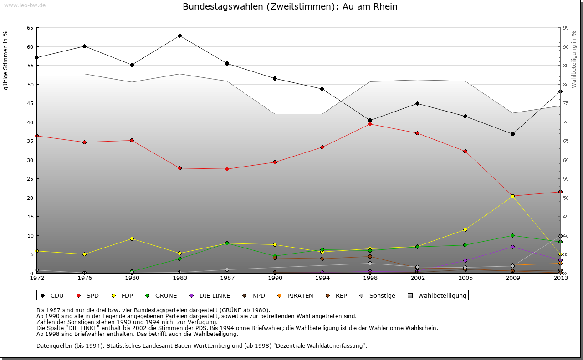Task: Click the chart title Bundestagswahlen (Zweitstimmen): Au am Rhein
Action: (x=290, y=7)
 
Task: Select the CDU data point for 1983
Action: (x=179, y=35)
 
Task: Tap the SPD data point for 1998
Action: (x=370, y=124)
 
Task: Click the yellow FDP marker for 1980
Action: (x=132, y=238)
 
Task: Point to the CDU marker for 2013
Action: (x=560, y=91)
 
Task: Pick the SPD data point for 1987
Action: (x=227, y=169)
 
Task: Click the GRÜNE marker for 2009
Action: (x=512, y=235)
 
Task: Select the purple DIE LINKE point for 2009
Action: (x=512, y=247)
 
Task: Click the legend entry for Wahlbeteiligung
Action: (x=437, y=295)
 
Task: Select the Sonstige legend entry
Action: (x=378, y=295)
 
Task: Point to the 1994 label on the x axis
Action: (x=322, y=278)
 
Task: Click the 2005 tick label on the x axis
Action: (x=465, y=278)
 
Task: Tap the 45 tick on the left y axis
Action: (x=30, y=103)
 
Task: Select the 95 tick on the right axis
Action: (x=565, y=28)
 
